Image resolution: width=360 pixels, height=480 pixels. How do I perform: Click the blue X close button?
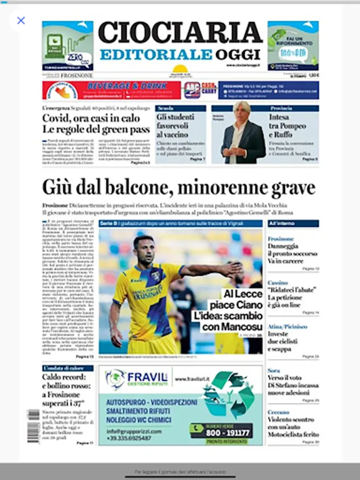pos(21,21)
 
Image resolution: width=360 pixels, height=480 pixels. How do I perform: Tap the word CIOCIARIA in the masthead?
pos(180,34)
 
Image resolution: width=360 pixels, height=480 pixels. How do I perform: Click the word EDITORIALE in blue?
pos(156,54)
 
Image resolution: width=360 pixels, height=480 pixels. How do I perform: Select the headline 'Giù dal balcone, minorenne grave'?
pos(179,188)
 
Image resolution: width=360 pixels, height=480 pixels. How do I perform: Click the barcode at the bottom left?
pos(33,425)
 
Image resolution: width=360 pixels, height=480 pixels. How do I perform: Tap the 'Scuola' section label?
pos(164,108)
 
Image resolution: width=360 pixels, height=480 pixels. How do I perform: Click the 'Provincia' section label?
pos(281,108)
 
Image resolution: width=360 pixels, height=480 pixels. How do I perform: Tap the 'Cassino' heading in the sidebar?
pos(277,282)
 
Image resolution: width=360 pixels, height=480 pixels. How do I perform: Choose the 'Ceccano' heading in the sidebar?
pos(278,412)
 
